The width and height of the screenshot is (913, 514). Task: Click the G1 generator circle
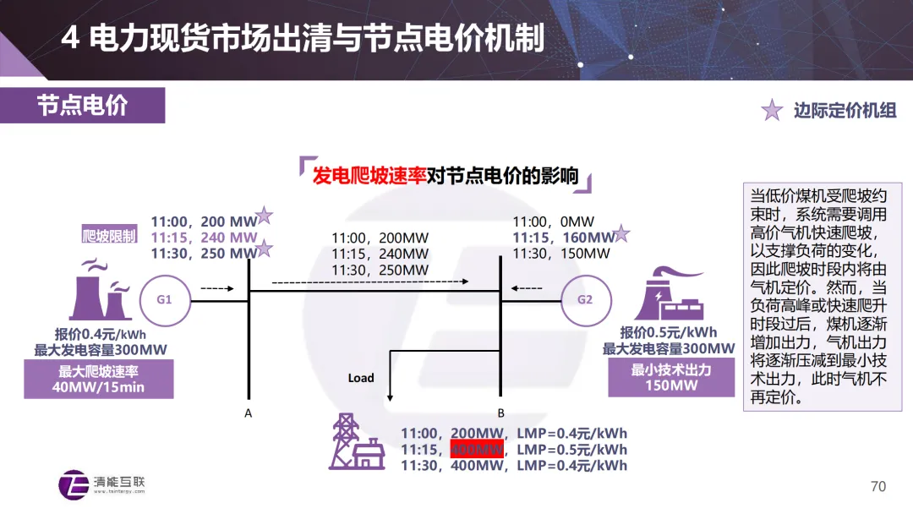tap(164, 299)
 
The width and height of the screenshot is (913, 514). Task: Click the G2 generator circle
tap(585, 299)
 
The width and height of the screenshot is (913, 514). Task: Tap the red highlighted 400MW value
tap(478, 449)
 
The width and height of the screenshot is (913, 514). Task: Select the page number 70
tap(878, 486)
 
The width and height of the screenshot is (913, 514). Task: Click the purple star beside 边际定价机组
tap(772, 110)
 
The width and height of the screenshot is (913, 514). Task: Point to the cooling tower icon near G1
tap(102, 292)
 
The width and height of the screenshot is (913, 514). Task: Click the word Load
tap(361, 378)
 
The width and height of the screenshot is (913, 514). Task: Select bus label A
tap(248, 413)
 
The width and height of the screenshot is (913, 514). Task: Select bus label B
tap(500, 413)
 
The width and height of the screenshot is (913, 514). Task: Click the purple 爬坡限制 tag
tap(109, 236)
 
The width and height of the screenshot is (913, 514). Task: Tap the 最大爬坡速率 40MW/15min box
tap(98, 379)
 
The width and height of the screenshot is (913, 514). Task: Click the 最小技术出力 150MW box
tap(671, 377)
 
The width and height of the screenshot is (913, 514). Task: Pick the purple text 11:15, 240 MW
tap(204, 238)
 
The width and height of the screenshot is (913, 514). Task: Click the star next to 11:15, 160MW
tap(621, 234)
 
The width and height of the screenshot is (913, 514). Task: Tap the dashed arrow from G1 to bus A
tap(216, 289)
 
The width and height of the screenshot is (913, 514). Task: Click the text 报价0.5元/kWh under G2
tap(669, 332)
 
